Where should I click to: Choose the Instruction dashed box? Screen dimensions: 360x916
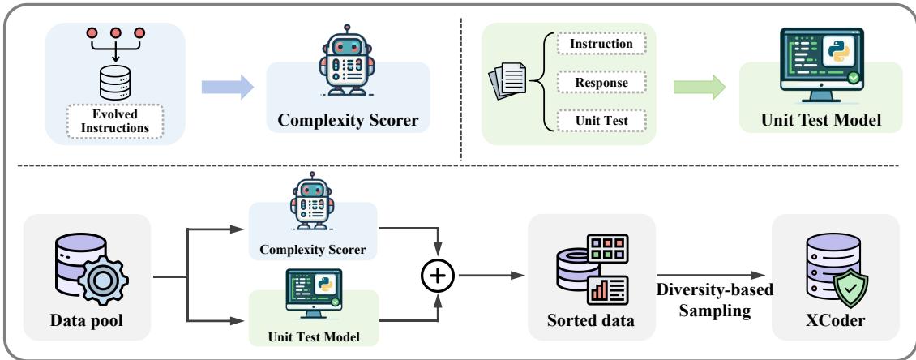600,41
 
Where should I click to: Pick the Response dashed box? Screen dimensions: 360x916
600,82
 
